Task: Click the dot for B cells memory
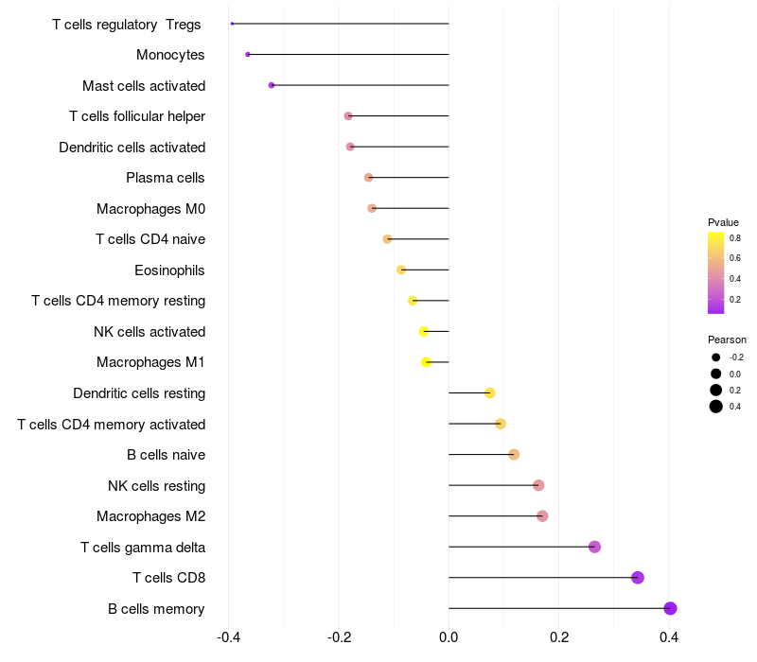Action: (x=670, y=608)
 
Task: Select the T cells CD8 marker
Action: (x=637, y=578)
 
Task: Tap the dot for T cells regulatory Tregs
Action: (x=232, y=24)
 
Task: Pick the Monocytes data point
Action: (x=248, y=55)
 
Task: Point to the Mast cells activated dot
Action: (x=272, y=85)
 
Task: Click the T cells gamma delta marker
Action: (x=594, y=547)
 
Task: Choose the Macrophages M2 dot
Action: (x=542, y=516)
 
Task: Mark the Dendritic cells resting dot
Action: (x=489, y=393)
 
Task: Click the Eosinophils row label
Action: (x=169, y=270)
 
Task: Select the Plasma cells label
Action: (x=165, y=178)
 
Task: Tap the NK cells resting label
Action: (x=156, y=486)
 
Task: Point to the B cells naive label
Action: (x=166, y=455)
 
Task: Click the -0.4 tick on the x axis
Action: (x=228, y=637)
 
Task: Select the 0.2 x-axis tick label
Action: (x=559, y=637)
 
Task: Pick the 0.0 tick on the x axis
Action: (x=449, y=637)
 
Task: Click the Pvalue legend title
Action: (x=723, y=222)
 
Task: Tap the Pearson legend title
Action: (x=727, y=340)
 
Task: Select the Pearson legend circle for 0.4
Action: (x=716, y=407)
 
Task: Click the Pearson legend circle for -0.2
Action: (x=716, y=357)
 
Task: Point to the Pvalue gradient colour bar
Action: (x=716, y=272)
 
